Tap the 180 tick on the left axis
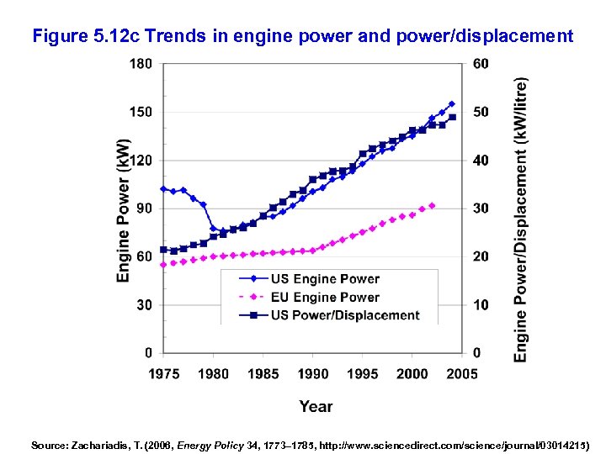pos(141,63)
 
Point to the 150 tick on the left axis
pos(141,112)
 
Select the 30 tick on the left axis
pos(145,305)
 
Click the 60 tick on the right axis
pos(480,63)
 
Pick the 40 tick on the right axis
pos(480,160)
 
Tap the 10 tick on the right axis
pos(480,305)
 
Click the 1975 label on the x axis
pos(163,373)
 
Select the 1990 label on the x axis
pos(313,373)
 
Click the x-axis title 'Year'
pos(316,407)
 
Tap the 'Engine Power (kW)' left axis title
pos(123,209)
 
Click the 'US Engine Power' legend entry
pos(325,279)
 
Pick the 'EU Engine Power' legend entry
pos(325,297)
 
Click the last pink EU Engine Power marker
pos(433,205)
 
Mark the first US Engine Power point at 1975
pos(163,188)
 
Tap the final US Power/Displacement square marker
pos(452,118)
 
